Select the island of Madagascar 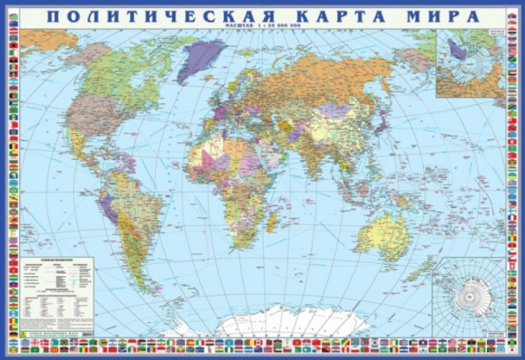click(x=274, y=217)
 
